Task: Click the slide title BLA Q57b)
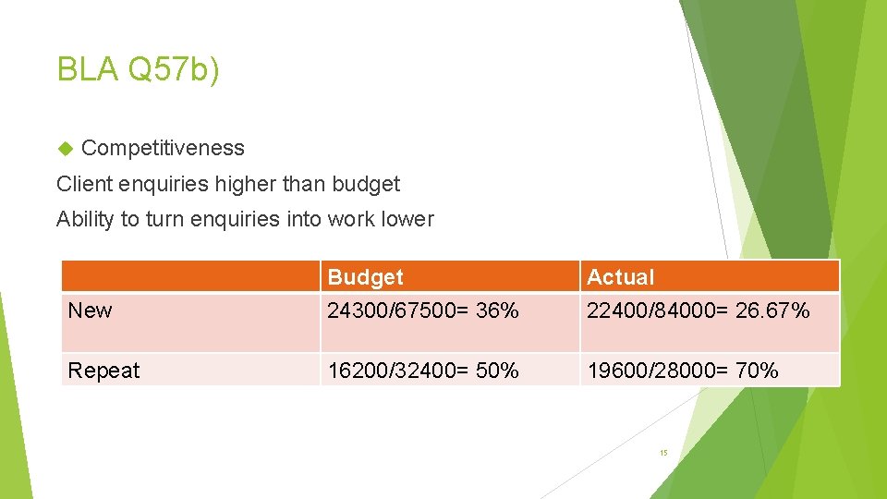tap(139, 69)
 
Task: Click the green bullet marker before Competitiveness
tap(65, 148)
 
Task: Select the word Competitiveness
tap(163, 148)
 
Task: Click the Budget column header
tap(366, 277)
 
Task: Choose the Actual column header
tap(620, 277)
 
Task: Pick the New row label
tap(90, 310)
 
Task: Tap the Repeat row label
tap(103, 371)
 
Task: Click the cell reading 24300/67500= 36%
tap(422, 310)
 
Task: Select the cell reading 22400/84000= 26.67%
tap(698, 310)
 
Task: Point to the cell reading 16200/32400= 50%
tap(422, 371)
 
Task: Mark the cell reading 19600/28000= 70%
tap(682, 371)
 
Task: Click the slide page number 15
tap(663, 453)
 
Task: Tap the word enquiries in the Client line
tap(164, 184)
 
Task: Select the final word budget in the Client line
tap(368, 184)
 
